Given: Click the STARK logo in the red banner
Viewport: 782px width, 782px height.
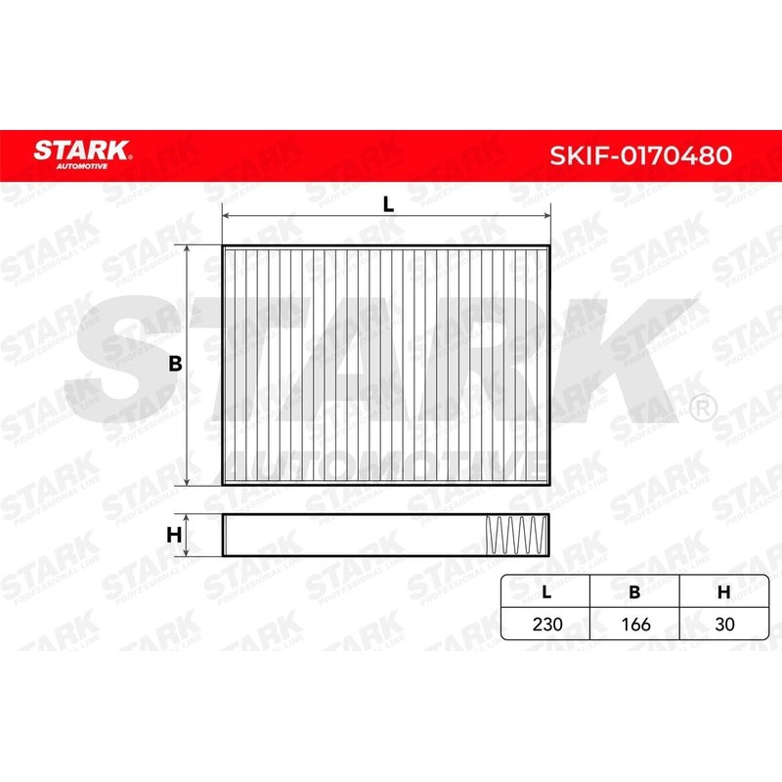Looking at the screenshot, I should (82, 150).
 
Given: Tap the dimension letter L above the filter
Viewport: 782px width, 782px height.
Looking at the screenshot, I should (387, 204).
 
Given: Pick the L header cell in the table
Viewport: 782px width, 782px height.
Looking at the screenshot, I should (546, 592).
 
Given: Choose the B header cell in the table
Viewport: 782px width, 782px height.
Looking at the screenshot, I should (634, 592).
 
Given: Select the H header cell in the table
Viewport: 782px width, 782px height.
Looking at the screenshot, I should (724, 592).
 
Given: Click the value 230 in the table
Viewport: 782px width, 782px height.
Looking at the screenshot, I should (546, 623).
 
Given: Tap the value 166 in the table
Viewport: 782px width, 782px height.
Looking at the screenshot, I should (634, 623).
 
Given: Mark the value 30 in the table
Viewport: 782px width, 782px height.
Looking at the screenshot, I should (724, 623).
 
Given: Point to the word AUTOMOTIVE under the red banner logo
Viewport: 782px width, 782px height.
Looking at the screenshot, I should (82, 166).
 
